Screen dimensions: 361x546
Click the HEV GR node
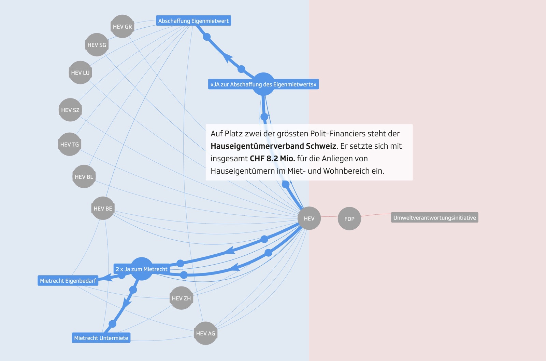[122, 27]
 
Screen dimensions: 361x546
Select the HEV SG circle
[97, 45]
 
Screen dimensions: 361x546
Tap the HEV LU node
[80, 72]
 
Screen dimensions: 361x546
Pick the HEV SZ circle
[70, 110]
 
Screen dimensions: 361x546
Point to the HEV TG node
[69, 145]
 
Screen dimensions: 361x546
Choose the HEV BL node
[84, 177]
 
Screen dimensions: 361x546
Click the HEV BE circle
[103, 209]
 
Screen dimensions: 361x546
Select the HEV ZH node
[181, 298]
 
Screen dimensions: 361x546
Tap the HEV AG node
[205, 333]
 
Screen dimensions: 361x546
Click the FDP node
[349, 219]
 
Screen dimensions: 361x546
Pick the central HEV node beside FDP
[309, 218]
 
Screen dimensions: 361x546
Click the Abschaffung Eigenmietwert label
[193, 21]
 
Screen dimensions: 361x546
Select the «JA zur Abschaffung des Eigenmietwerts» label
[263, 84]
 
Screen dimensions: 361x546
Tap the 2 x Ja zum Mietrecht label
[142, 269]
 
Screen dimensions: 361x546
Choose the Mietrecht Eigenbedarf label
[68, 281]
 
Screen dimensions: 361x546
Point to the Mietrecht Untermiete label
[101, 338]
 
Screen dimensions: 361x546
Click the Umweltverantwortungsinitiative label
[434, 218]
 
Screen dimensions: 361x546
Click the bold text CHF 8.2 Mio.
[272, 159]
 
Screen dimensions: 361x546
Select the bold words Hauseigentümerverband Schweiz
[273, 146]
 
